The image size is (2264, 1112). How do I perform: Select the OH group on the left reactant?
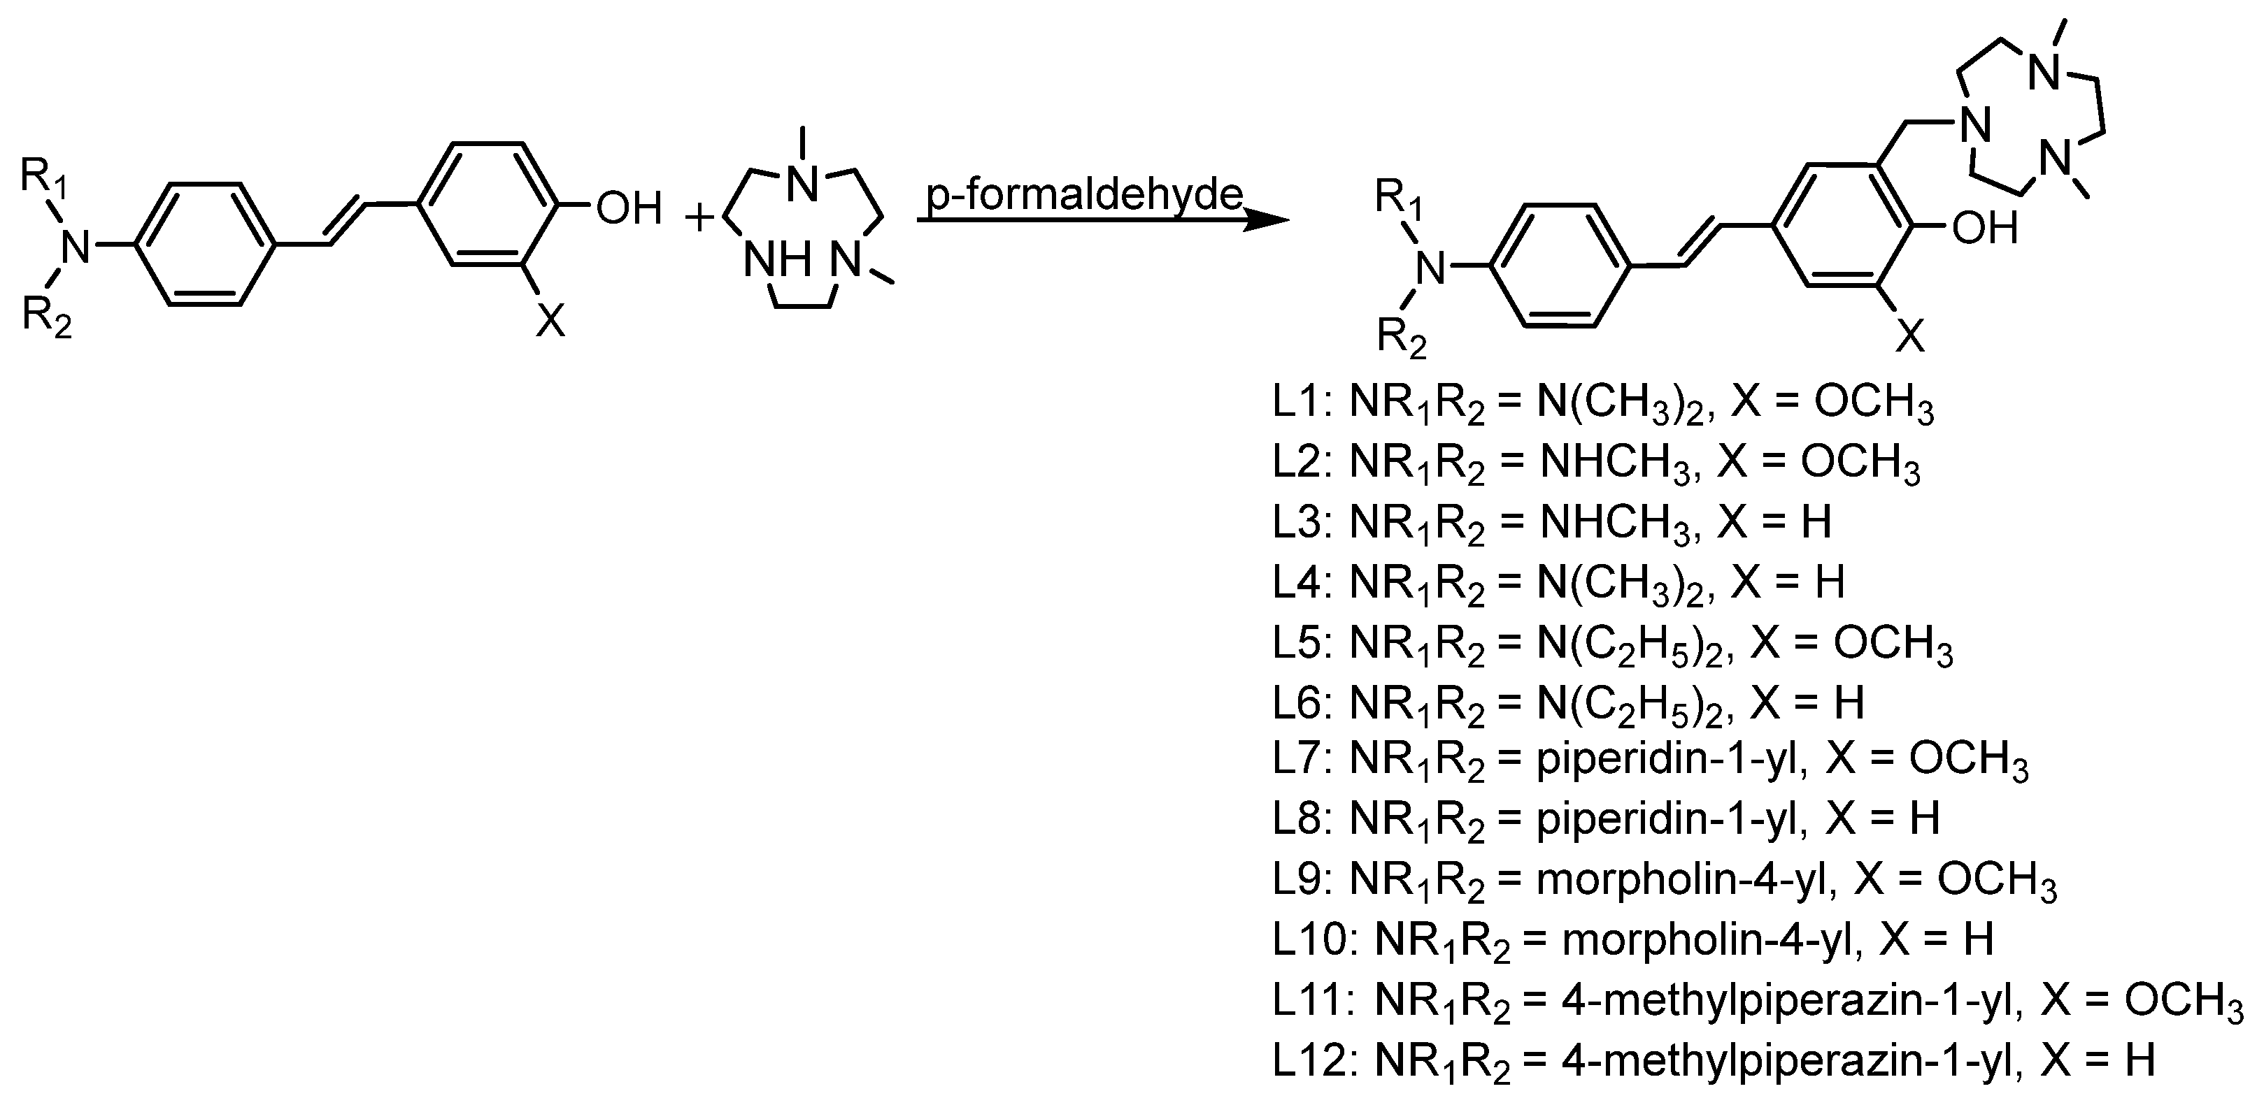(627, 209)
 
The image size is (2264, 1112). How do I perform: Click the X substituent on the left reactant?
(551, 322)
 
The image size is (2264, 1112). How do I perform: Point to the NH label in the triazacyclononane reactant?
(776, 261)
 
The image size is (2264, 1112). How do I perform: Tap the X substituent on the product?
(1909, 336)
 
